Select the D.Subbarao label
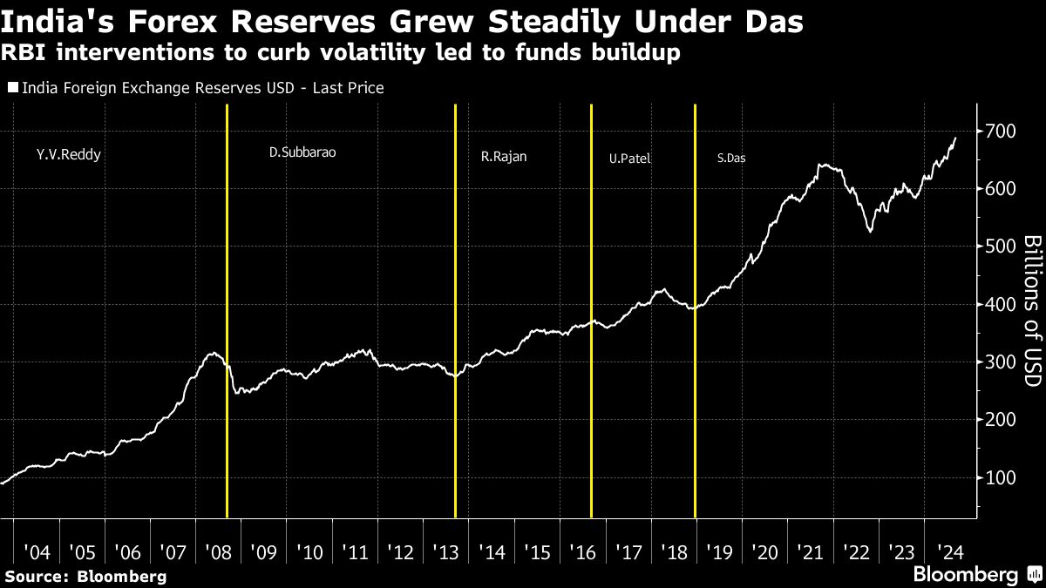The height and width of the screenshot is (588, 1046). click(302, 152)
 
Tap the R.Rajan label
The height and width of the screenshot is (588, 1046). click(504, 158)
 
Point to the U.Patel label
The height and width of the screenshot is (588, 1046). click(630, 159)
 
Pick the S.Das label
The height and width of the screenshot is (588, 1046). click(731, 159)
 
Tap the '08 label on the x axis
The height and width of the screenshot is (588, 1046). click(219, 552)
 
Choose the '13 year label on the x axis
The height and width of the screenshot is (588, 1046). click(446, 552)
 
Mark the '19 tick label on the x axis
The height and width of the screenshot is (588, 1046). click(720, 552)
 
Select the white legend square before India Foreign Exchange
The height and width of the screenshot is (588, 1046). click(13, 88)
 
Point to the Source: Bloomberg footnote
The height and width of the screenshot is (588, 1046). click(85, 576)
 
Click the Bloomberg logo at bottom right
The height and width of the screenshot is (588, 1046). click(965, 574)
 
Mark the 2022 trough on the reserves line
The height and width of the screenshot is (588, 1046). click(870, 231)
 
